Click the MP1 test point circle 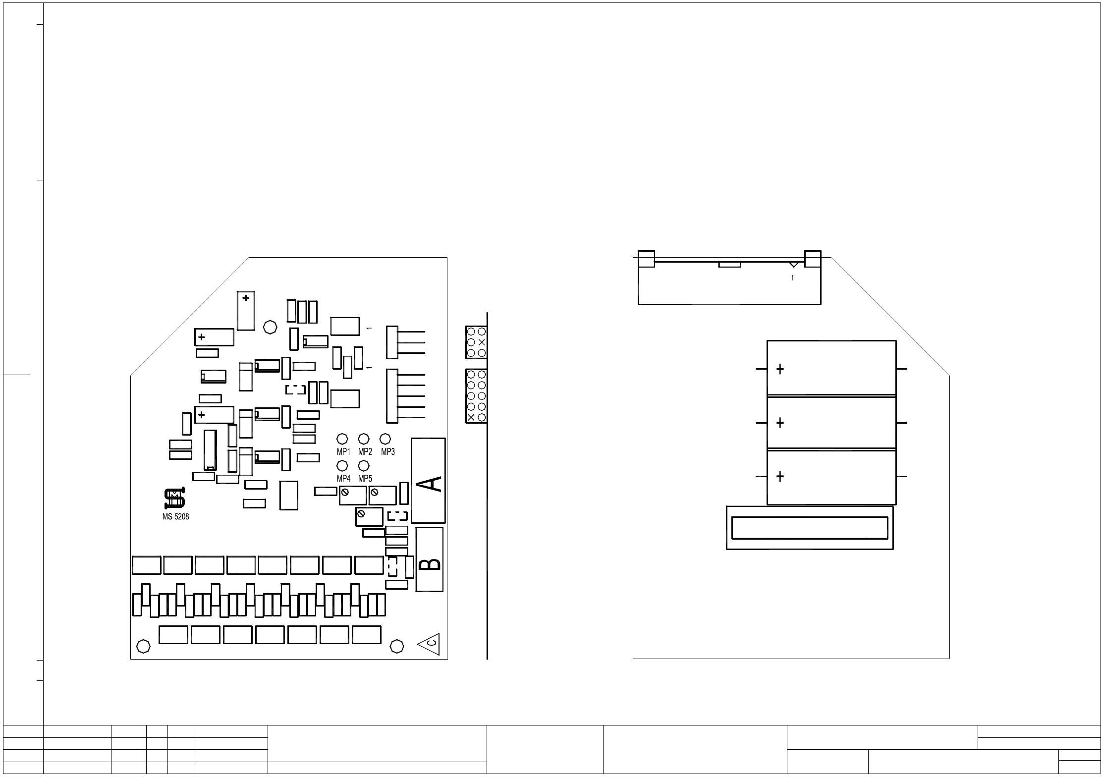click(x=342, y=439)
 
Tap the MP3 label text click(x=387, y=452)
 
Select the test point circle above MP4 click(x=342, y=466)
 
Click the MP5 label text click(x=365, y=479)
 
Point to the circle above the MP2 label click(x=364, y=439)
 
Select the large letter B click(x=430, y=564)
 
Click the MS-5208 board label click(x=175, y=516)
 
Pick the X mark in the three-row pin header click(x=482, y=342)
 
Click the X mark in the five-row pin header click(x=471, y=417)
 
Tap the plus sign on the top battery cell click(x=780, y=369)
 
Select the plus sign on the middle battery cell click(x=780, y=423)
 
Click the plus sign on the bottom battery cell click(x=780, y=477)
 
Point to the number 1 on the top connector click(x=792, y=278)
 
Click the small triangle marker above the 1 click(x=794, y=264)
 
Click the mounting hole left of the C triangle click(x=397, y=646)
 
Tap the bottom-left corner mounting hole click(x=143, y=646)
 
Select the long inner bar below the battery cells click(x=810, y=528)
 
